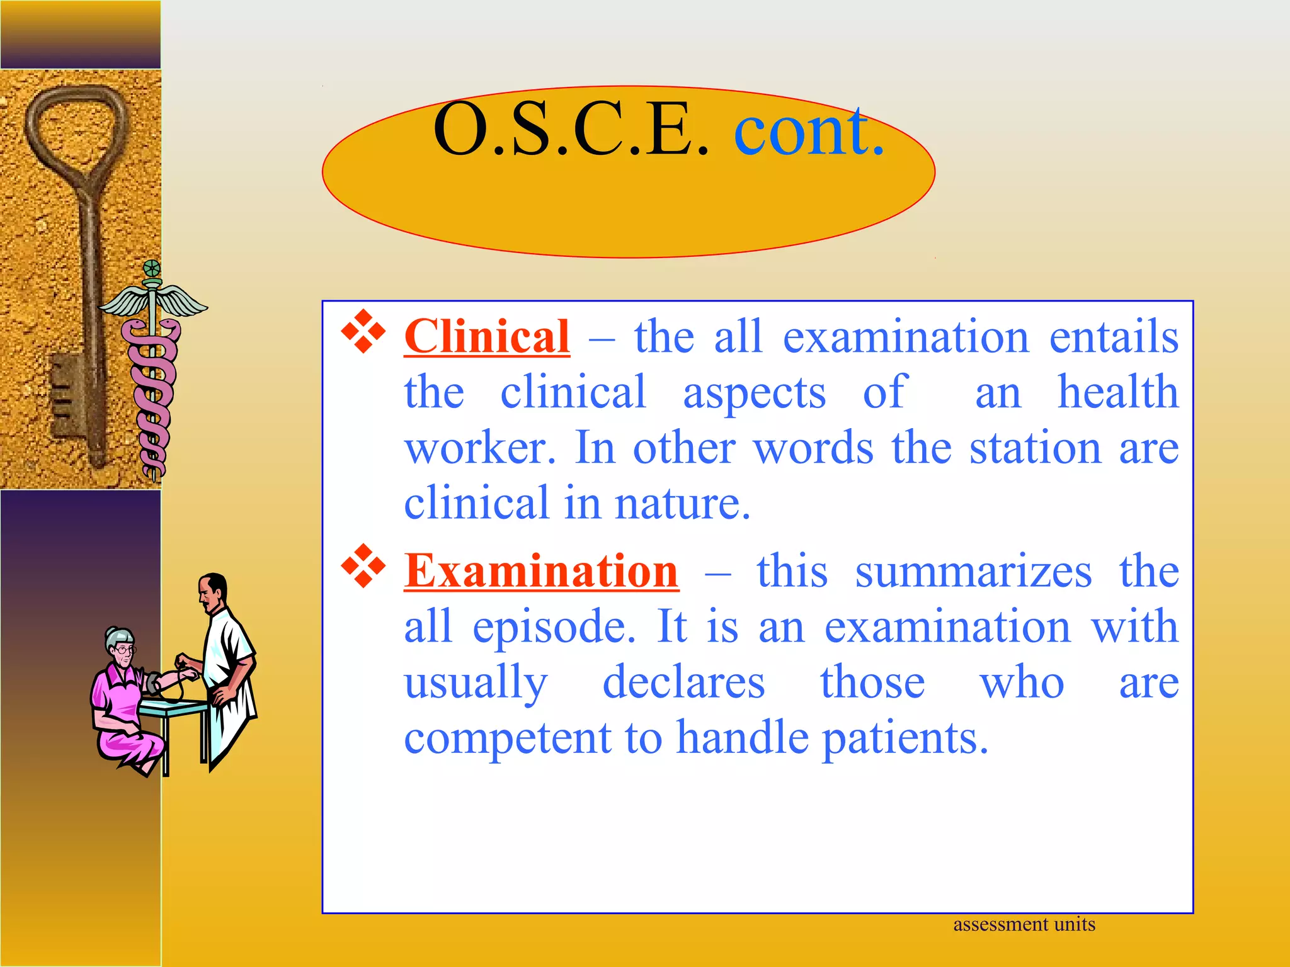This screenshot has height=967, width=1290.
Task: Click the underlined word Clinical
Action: (x=486, y=337)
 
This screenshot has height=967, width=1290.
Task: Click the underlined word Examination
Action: (x=541, y=571)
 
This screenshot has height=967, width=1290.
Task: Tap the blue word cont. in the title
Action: (x=809, y=131)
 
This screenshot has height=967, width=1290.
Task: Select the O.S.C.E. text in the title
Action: (x=571, y=131)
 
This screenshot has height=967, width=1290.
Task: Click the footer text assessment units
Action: (x=1024, y=924)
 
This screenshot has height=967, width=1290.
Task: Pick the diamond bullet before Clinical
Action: (x=363, y=331)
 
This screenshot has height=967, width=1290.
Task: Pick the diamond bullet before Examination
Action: (x=363, y=565)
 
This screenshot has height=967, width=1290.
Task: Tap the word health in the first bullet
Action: (x=1117, y=392)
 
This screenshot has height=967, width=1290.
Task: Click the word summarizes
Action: (x=973, y=571)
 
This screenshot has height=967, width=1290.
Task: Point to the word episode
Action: (x=554, y=627)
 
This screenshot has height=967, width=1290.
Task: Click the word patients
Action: (x=905, y=738)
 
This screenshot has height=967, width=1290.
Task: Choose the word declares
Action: (x=683, y=682)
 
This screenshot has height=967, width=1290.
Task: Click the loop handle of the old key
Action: (x=76, y=126)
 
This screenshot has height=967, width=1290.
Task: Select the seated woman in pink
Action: (x=123, y=699)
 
